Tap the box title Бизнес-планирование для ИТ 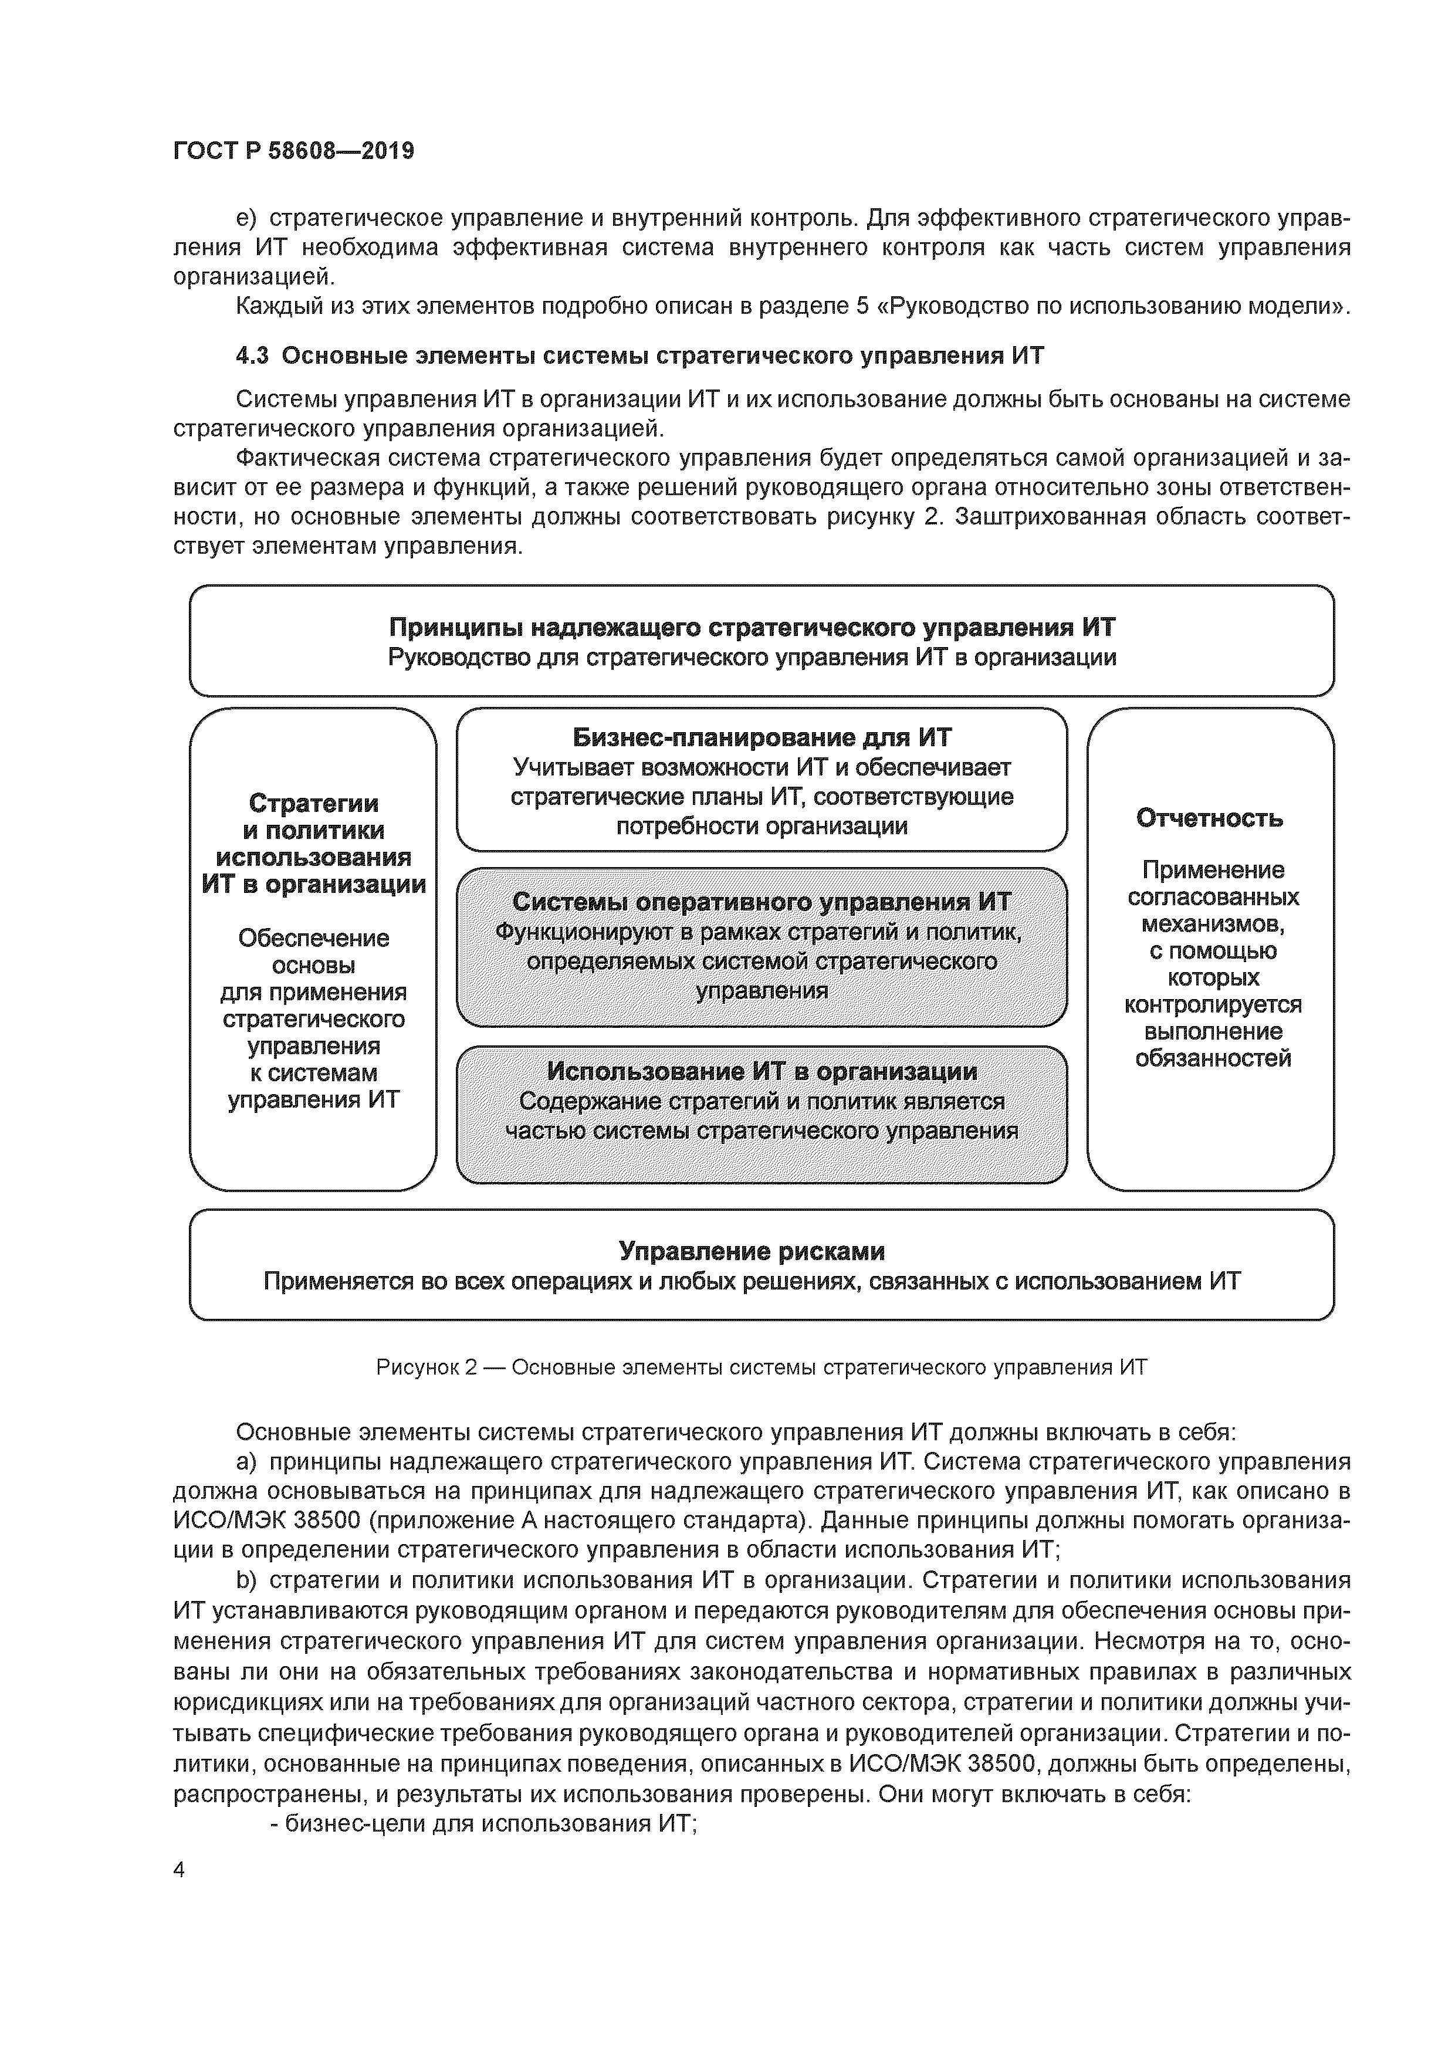point(761,737)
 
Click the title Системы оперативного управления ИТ point(761,902)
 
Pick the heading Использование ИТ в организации point(761,1071)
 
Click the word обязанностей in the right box point(1212,1058)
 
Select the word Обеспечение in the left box point(313,939)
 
